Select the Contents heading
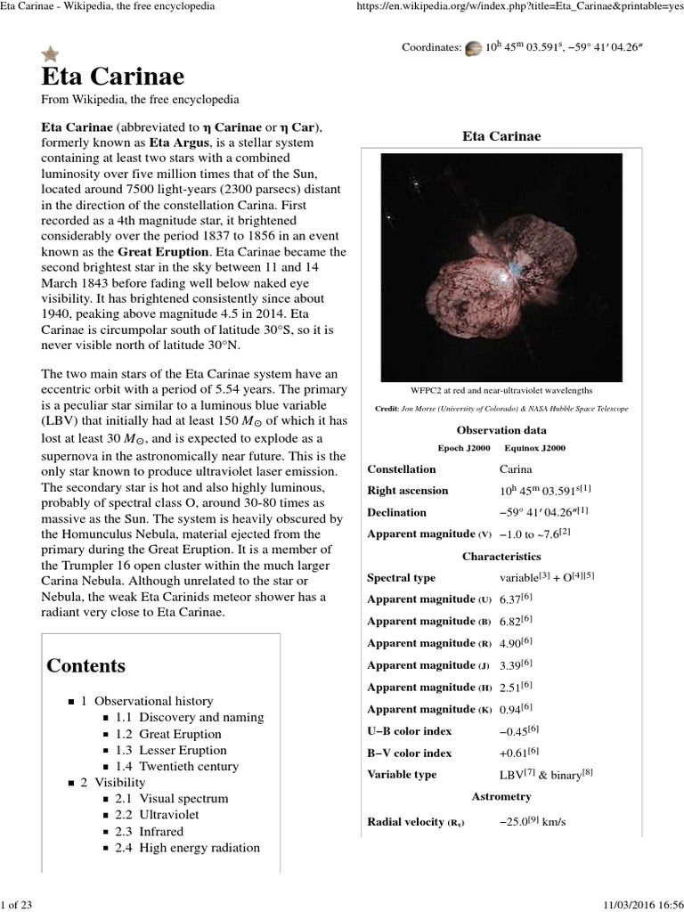[x=85, y=665]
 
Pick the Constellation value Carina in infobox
[x=520, y=469]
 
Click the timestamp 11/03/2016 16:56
[x=635, y=903]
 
